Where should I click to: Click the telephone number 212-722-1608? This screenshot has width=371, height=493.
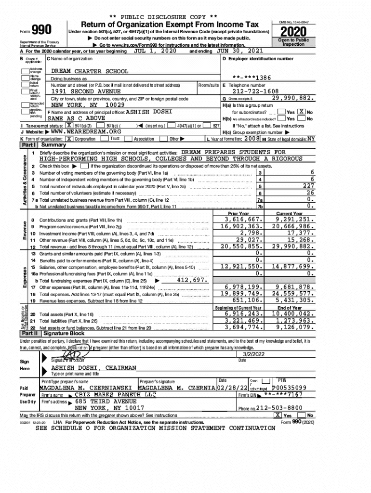255,91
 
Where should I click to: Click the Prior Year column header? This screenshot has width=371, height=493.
238,213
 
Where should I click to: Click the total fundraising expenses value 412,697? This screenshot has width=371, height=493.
192,280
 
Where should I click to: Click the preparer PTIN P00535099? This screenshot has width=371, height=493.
289,387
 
